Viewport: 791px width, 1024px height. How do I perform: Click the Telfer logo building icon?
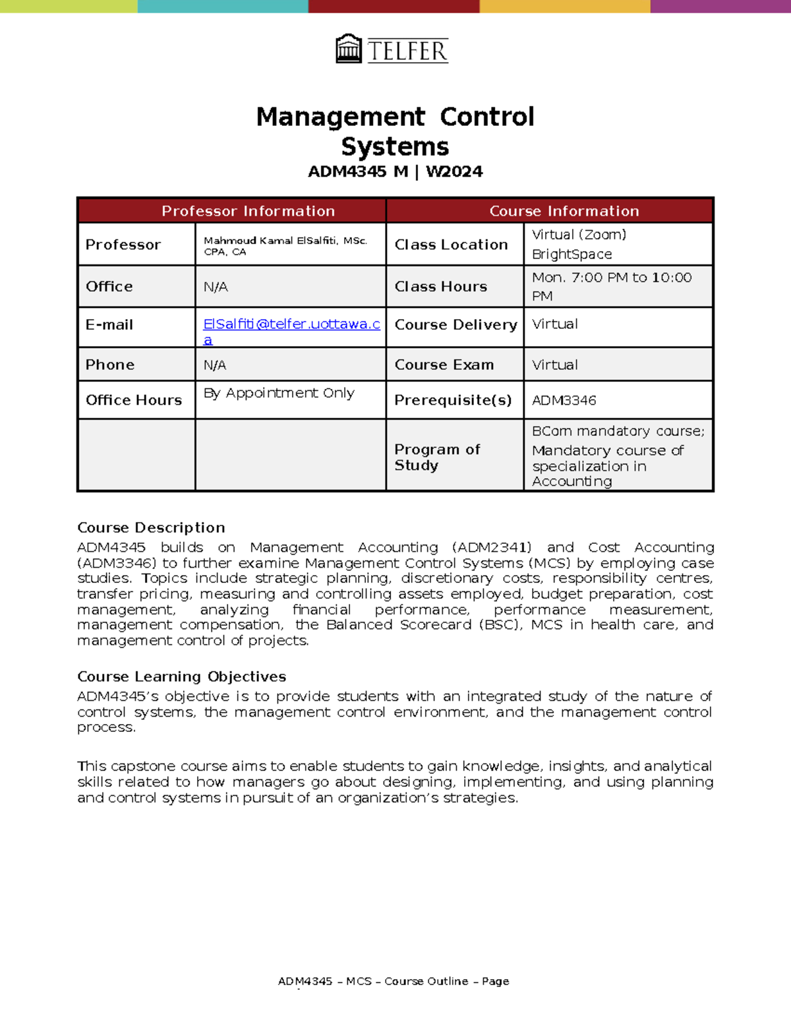click(349, 49)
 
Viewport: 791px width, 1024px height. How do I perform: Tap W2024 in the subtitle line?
click(454, 171)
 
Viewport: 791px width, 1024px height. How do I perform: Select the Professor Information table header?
click(248, 211)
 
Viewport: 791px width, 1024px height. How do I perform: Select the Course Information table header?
click(564, 211)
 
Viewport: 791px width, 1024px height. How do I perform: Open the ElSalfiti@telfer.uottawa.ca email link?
click(291, 324)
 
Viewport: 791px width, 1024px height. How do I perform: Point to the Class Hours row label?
click(440, 287)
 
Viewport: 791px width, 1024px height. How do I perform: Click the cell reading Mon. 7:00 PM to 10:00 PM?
click(611, 286)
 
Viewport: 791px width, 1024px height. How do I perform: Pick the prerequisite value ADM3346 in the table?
click(564, 400)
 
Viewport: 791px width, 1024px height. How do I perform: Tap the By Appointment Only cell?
click(279, 393)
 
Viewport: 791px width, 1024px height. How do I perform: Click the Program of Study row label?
click(436, 457)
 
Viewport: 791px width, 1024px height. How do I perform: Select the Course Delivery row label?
click(455, 325)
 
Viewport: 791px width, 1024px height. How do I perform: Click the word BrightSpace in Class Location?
click(571, 255)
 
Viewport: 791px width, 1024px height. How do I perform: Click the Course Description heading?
click(151, 527)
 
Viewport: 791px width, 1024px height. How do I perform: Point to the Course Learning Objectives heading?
click(181, 677)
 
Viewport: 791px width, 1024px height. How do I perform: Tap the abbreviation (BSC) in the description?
click(500, 624)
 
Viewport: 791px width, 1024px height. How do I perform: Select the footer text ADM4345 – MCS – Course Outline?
click(373, 981)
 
